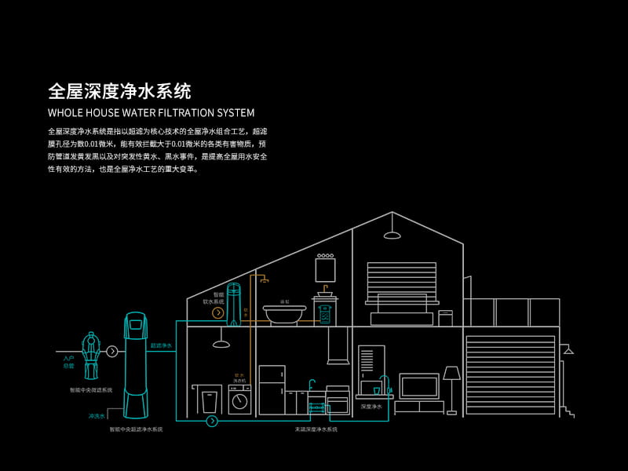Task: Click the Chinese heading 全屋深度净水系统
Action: pyautogui.click(x=119, y=89)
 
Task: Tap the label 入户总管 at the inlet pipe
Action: pyautogui.click(x=68, y=362)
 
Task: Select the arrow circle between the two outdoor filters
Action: pyautogui.click(x=112, y=351)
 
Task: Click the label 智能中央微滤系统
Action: pyautogui.click(x=91, y=389)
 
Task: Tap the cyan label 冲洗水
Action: pyautogui.click(x=97, y=416)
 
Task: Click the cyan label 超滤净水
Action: pyautogui.click(x=161, y=345)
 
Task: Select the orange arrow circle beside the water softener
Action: pyautogui.click(x=218, y=312)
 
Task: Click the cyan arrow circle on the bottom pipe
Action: pyautogui.click(x=212, y=422)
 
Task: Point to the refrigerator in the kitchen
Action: pyautogui.click(x=271, y=389)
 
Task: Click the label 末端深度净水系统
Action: pyautogui.click(x=316, y=429)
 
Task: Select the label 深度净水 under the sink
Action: pyautogui.click(x=371, y=407)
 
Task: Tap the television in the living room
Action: pyautogui.click(x=419, y=386)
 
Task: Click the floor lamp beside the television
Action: pyautogui.click(x=451, y=385)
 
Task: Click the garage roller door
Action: pyautogui.click(x=509, y=374)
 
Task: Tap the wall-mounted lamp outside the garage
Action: pyautogui.click(x=568, y=349)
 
